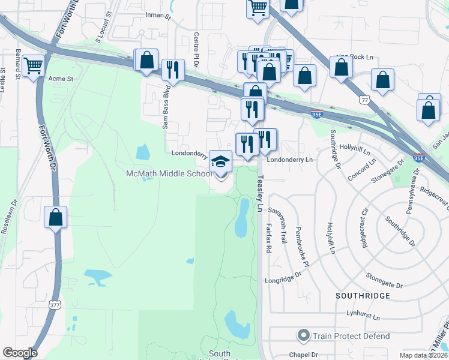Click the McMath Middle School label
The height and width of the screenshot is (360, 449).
click(x=169, y=173)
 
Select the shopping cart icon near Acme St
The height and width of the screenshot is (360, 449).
click(x=34, y=65)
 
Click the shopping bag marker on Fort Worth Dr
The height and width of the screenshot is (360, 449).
click(x=55, y=217)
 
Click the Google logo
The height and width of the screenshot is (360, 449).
click(x=20, y=353)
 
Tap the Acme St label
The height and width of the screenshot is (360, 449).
click(x=60, y=79)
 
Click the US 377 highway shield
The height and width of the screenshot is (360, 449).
click(x=55, y=305)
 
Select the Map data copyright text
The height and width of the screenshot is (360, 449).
click(x=424, y=355)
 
